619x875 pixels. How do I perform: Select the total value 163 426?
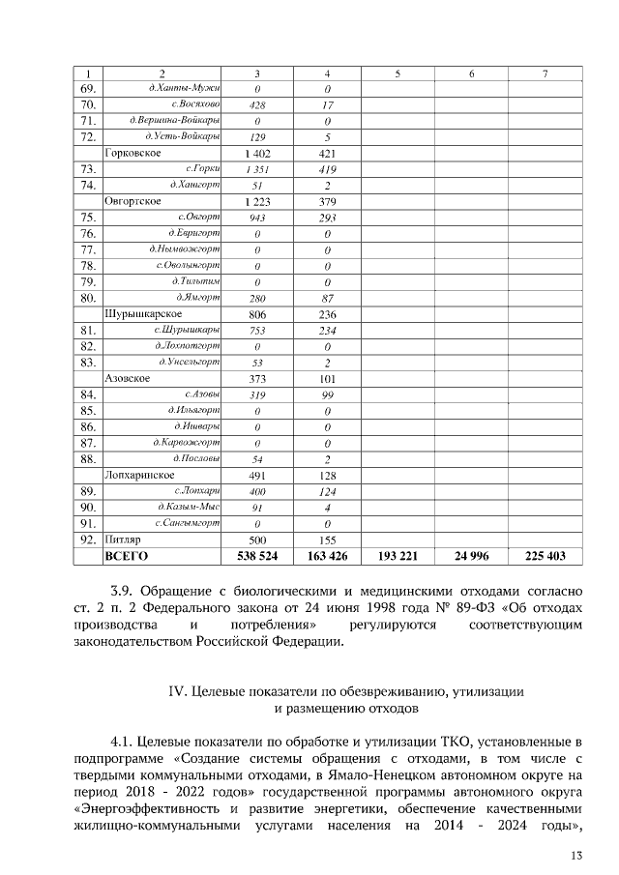[x=328, y=557]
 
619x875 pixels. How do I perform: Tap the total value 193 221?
[x=398, y=557]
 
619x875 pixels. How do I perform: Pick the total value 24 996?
[x=471, y=557]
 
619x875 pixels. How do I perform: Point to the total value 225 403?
[x=545, y=557]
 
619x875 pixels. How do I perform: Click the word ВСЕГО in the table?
[x=126, y=557]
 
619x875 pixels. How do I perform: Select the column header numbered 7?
[x=545, y=73]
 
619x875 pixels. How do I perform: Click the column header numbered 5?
[x=398, y=73]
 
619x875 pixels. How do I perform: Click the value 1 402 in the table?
[x=257, y=154]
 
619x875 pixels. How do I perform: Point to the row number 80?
[x=88, y=298]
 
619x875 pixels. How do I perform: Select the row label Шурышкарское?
[x=142, y=314]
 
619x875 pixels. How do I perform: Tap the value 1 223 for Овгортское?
[x=257, y=201]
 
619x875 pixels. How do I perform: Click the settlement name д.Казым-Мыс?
[x=189, y=507]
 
